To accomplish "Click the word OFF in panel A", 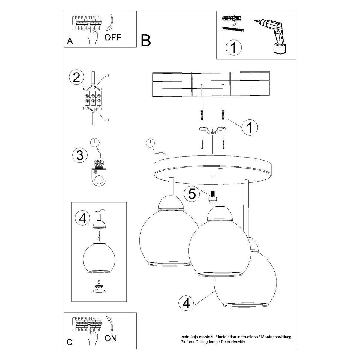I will point(113,37).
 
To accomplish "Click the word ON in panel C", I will point(111,339).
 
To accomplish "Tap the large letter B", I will point(146,41).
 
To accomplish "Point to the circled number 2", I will point(76,78).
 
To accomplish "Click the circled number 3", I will point(80,155).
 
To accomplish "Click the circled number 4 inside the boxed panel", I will point(83,218).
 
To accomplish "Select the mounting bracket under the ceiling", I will point(212,131).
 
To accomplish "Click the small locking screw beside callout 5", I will point(212,196).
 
